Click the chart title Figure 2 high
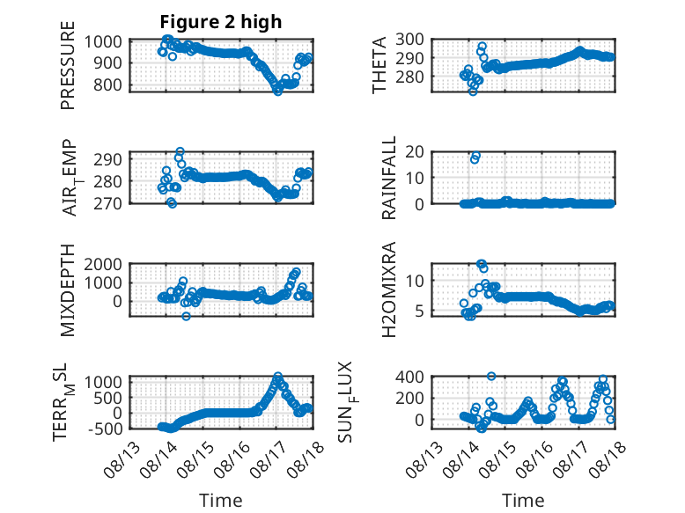221,22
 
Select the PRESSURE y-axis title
68,65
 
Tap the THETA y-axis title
379,65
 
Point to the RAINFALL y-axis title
388,178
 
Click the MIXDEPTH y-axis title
68,290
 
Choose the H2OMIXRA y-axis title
388,289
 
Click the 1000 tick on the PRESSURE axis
103,42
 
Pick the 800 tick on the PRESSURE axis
108,84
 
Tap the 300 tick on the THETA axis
410,40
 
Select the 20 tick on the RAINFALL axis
415,152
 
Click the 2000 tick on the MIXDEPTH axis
103,264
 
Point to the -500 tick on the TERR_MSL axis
106,429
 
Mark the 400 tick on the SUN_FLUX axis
410,377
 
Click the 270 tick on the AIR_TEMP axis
108,203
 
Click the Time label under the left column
221,500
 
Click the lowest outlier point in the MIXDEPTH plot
186,316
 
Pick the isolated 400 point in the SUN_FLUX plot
491,376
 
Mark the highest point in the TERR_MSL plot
278,376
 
